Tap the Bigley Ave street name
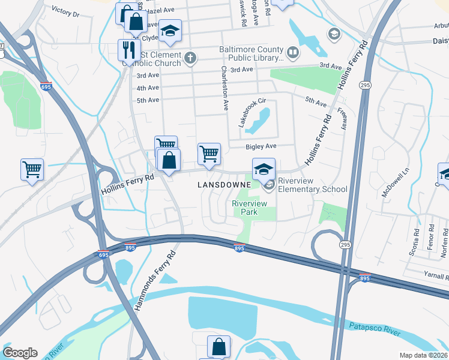[261, 146]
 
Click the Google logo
[20, 353]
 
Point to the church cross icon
[190, 58]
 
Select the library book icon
[292, 53]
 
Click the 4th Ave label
[148, 88]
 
